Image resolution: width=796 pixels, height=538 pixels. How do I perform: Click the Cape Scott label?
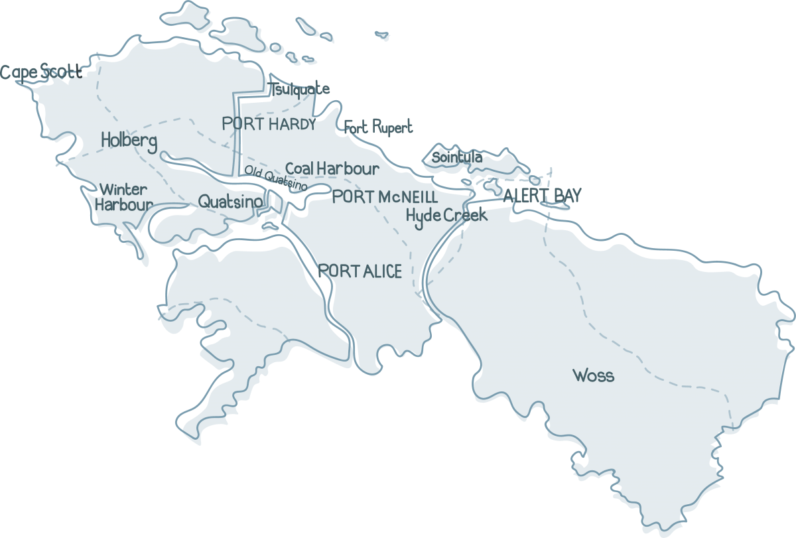[x=41, y=72]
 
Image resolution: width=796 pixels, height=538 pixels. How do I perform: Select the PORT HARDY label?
[x=269, y=124]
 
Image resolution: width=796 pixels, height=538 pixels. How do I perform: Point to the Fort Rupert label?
[x=379, y=127]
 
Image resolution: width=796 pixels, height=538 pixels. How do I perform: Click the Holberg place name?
[x=129, y=141]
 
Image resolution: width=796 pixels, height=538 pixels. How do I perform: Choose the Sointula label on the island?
[x=457, y=158]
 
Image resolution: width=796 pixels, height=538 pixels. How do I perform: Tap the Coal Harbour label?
[x=332, y=168]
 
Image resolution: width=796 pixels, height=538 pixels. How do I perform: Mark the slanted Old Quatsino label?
[x=275, y=176]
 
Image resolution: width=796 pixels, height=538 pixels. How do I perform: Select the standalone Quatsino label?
[x=230, y=200]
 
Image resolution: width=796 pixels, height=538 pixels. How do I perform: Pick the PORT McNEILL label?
[x=385, y=197]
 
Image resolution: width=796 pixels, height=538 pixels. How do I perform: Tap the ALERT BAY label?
[x=543, y=195]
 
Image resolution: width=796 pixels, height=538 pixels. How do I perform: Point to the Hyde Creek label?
[x=446, y=216]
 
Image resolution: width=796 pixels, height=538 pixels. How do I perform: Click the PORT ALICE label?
[x=360, y=271]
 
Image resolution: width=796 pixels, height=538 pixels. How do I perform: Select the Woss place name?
[x=593, y=376]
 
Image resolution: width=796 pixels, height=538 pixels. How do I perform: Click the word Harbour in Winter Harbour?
[x=123, y=205]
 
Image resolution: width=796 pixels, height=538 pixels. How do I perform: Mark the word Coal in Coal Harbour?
[x=299, y=168]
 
